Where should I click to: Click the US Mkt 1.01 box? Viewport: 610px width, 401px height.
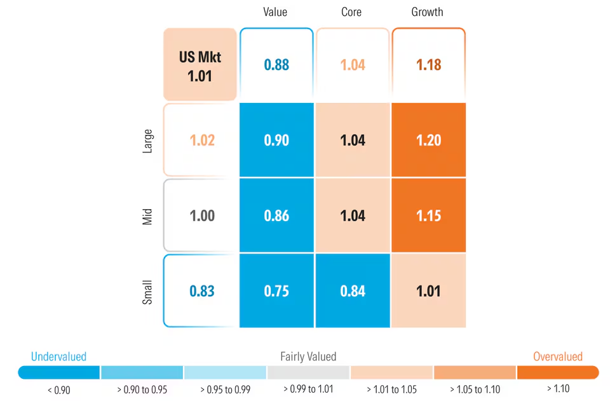click(x=200, y=65)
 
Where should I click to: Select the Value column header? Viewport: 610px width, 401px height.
click(x=276, y=12)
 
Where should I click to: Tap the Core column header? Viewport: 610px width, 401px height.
click(x=353, y=12)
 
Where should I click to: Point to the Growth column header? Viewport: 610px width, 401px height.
click(x=428, y=12)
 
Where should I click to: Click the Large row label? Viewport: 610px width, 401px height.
click(x=147, y=140)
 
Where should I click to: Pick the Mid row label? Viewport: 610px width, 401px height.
click(x=147, y=215)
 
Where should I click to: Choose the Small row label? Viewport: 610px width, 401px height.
click(x=147, y=291)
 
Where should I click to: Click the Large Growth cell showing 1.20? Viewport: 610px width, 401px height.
click(x=428, y=140)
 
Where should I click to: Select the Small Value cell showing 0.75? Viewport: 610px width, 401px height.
click(x=276, y=291)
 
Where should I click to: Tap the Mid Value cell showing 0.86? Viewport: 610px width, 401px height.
click(x=276, y=215)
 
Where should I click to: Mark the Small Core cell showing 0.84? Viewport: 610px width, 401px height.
click(x=353, y=291)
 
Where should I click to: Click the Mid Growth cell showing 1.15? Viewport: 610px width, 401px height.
click(x=428, y=215)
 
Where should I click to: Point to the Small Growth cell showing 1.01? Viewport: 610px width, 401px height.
click(x=428, y=291)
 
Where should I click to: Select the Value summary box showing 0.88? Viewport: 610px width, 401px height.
click(x=276, y=65)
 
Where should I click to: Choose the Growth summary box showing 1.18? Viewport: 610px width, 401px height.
click(x=428, y=65)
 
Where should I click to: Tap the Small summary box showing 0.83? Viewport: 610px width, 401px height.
click(x=201, y=291)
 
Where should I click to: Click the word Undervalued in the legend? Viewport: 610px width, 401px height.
click(x=58, y=357)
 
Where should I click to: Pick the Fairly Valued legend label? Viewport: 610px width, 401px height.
click(x=308, y=357)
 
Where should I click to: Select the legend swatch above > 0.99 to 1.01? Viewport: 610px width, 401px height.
click(x=308, y=372)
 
